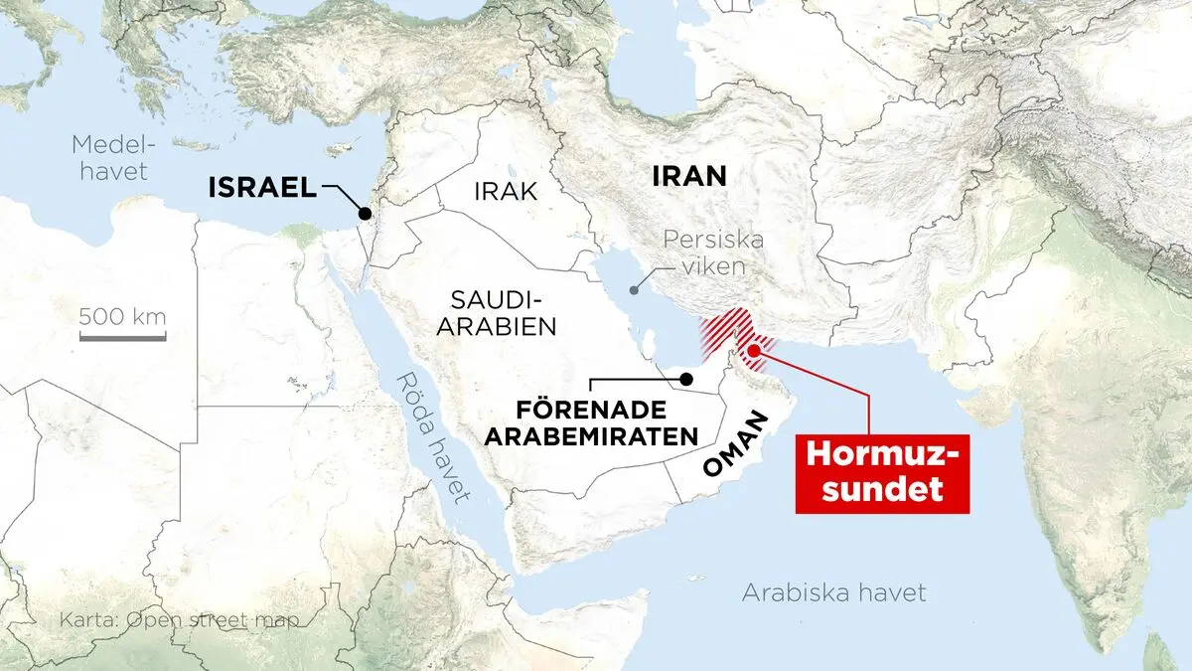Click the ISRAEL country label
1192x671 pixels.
tap(262, 187)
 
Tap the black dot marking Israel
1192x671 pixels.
tap(366, 213)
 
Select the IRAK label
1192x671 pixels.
tap(506, 191)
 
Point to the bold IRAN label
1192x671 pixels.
tap(689, 177)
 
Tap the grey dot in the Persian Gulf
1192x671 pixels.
tap(634, 291)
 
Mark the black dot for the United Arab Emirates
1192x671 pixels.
tap(685, 378)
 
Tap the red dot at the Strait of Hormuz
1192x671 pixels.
tap(754, 349)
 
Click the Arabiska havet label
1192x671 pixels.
tap(834, 593)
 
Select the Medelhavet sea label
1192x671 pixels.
tap(109, 157)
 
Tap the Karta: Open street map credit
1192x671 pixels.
tap(180, 620)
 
